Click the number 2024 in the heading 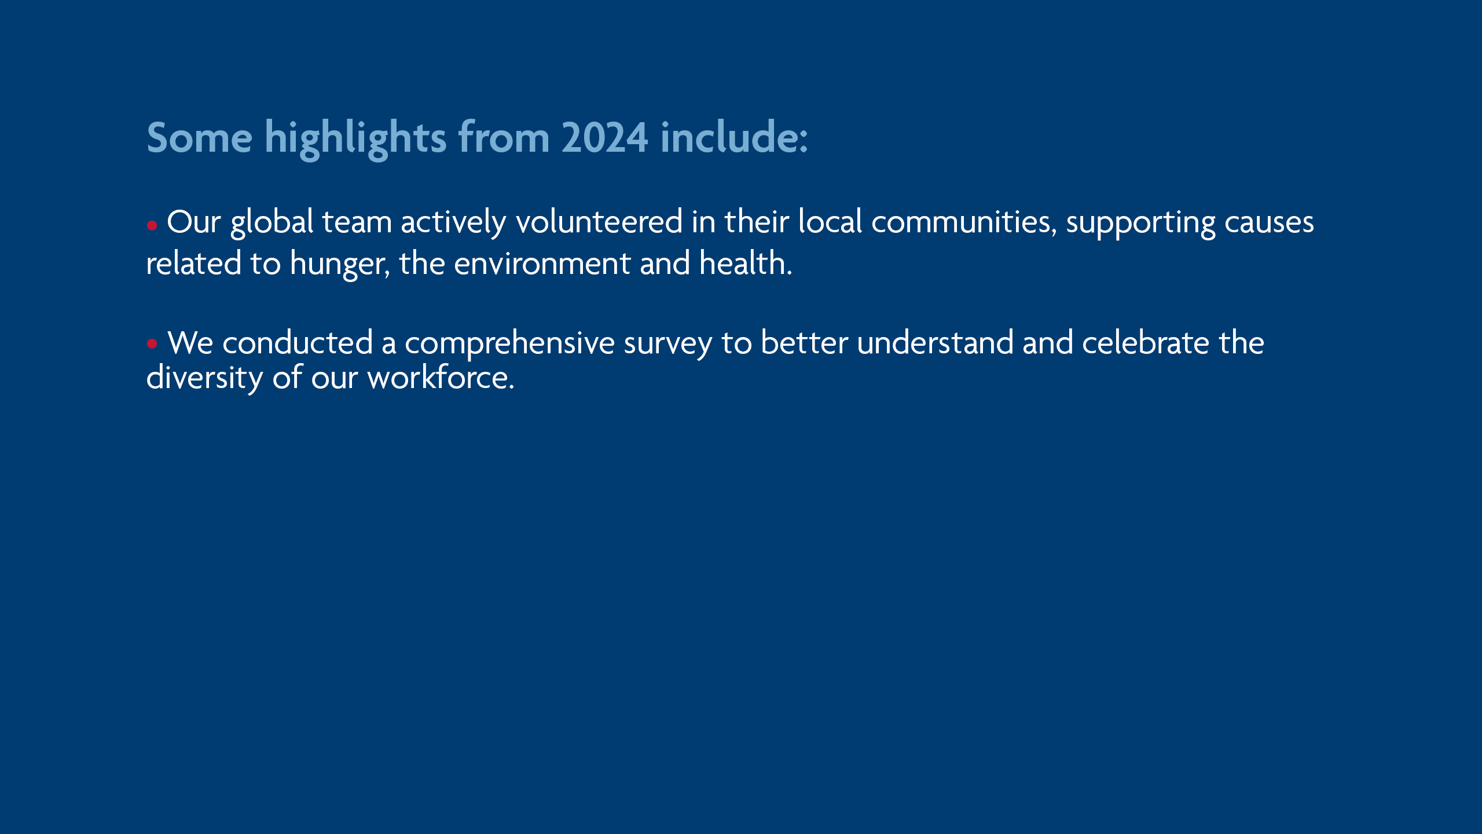604,138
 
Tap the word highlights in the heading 355,139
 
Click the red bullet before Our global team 152,225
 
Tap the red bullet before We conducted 152,343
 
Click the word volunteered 599,221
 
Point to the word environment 542,264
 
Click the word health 746,263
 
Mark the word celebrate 1146,342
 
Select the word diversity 205,378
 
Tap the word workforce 441,378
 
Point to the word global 272,223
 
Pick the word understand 936,342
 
